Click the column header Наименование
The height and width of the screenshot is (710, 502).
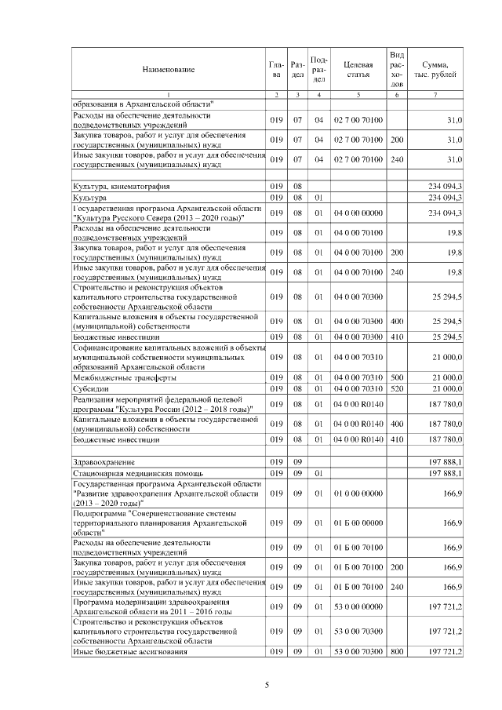point(168,70)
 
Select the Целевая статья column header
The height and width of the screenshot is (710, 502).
point(358,70)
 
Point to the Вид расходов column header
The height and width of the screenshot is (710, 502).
point(397,69)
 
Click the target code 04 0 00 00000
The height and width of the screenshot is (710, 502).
point(358,213)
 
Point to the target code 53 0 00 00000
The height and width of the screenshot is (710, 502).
point(358,606)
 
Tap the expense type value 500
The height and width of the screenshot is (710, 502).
point(397,378)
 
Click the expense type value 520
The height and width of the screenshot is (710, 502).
point(397,389)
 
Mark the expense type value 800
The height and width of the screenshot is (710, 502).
point(397,652)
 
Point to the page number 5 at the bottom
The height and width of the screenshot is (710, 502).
point(267,685)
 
